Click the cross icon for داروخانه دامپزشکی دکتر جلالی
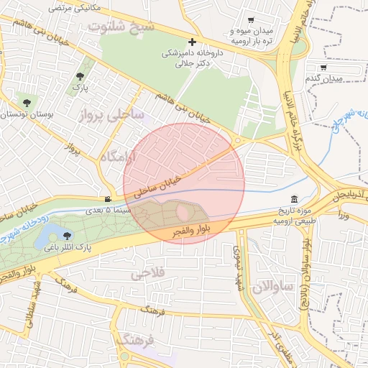(192, 42)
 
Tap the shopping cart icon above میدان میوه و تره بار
(250, 21)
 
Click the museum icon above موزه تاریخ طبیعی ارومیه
(294, 199)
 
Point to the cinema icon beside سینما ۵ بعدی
(108, 199)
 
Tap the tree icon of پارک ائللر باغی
(68, 235)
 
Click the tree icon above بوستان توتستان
(27, 103)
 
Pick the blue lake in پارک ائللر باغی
(49, 233)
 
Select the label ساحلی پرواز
(111, 114)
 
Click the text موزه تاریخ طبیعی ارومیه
(295, 215)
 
